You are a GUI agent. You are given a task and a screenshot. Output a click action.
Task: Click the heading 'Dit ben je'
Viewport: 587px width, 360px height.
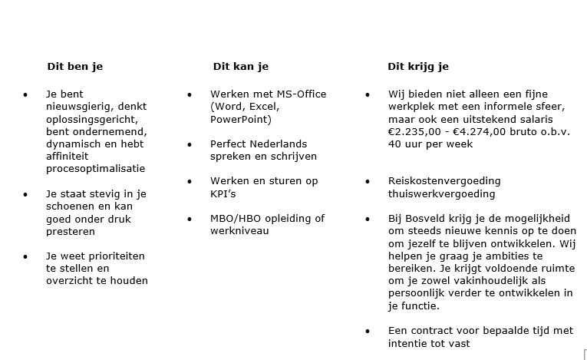tap(74, 67)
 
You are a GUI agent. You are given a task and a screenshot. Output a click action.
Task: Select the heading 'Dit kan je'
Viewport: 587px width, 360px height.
tap(240, 67)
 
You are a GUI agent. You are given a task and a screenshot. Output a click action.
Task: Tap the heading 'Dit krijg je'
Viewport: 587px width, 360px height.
tap(418, 67)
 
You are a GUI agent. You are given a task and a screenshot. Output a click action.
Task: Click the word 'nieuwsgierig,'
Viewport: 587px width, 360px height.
tap(79, 107)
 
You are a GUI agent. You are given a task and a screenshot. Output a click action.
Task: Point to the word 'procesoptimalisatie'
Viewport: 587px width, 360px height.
tap(95, 169)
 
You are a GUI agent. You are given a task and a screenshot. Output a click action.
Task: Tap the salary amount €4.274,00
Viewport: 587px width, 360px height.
tap(477, 132)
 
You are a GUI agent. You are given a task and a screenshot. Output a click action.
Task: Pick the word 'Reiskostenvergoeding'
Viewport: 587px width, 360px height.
tap(444, 181)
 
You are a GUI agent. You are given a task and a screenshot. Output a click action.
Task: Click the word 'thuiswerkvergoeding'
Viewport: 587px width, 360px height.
tap(441, 194)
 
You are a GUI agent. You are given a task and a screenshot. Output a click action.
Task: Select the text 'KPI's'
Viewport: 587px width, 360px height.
tap(226, 193)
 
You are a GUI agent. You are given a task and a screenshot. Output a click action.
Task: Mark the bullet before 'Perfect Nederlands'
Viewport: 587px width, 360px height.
tap(190, 144)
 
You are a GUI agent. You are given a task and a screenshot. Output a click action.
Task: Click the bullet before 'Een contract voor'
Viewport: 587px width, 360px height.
tap(368, 332)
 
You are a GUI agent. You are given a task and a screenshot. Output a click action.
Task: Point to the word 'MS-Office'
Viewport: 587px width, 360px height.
tap(299, 94)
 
